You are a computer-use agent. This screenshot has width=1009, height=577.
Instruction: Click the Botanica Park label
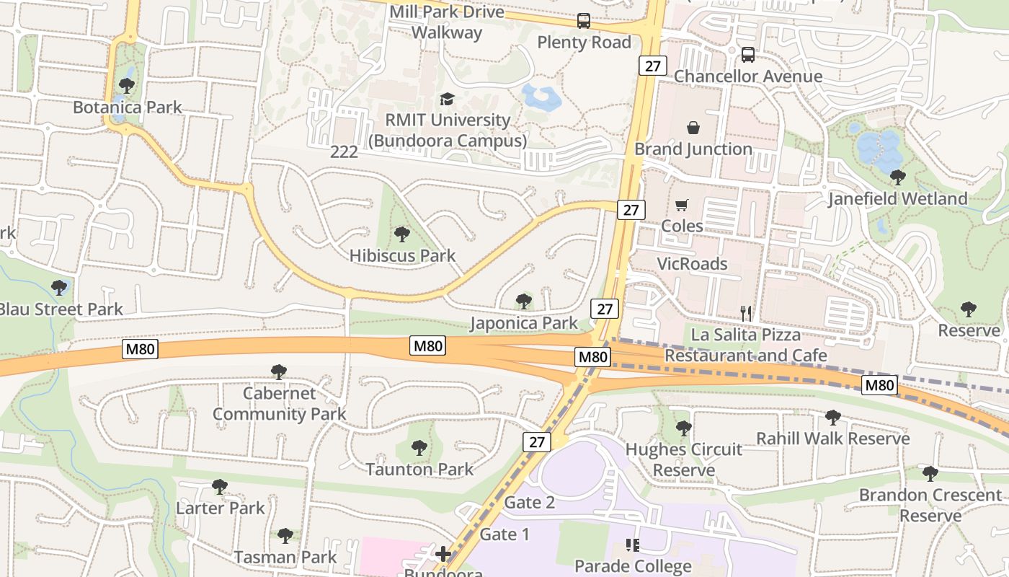pyautogui.click(x=128, y=107)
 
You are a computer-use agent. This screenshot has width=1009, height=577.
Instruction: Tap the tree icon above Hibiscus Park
pyautogui.click(x=402, y=234)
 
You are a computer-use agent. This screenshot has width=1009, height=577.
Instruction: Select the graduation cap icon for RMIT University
pyautogui.click(x=448, y=99)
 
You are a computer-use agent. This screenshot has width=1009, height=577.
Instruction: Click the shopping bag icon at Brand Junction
pyautogui.click(x=693, y=128)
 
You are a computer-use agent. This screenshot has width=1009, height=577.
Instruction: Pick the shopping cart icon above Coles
pyautogui.click(x=682, y=205)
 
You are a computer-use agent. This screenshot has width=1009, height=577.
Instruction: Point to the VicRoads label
pyautogui.click(x=692, y=264)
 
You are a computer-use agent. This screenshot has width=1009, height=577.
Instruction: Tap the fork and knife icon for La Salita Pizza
pyautogui.click(x=746, y=313)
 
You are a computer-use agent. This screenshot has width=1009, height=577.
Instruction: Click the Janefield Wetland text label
pyautogui.click(x=897, y=198)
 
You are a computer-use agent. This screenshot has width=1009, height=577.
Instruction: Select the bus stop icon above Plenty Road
pyautogui.click(x=584, y=21)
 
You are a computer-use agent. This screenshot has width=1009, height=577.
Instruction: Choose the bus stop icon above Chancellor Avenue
pyautogui.click(x=748, y=55)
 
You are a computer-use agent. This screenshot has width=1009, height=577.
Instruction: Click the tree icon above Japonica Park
pyautogui.click(x=524, y=301)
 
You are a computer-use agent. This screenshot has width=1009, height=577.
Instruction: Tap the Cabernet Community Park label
pyautogui.click(x=279, y=404)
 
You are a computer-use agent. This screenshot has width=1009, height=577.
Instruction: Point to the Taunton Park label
pyautogui.click(x=419, y=470)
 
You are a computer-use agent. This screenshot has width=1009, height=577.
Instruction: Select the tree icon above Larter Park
pyautogui.click(x=220, y=487)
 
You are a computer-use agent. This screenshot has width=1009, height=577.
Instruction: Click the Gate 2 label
pyautogui.click(x=530, y=503)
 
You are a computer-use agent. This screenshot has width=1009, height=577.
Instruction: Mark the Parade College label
pyautogui.click(x=633, y=566)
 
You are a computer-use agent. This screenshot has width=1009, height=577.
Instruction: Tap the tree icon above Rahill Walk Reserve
pyautogui.click(x=833, y=417)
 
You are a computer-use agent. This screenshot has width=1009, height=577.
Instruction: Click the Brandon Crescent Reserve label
pyautogui.click(x=930, y=505)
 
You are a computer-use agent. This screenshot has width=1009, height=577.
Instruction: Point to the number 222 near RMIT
pyautogui.click(x=344, y=151)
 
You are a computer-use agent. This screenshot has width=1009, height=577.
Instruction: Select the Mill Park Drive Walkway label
pyautogui.click(x=448, y=22)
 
